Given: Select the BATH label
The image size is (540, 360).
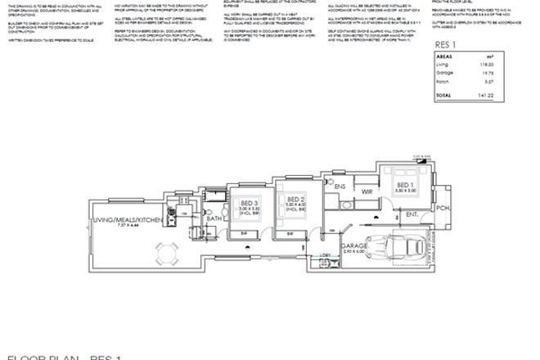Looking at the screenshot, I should [214, 218].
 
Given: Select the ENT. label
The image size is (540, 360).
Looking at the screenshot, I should [412, 215].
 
